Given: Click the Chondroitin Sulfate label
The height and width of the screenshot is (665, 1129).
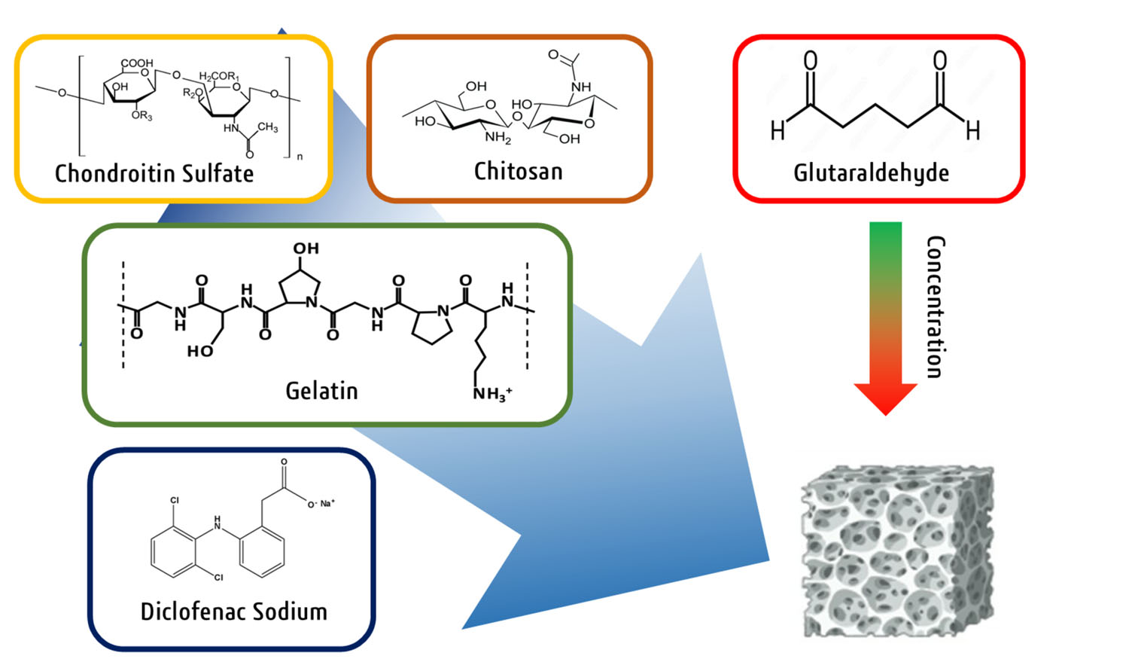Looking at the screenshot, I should [154, 173].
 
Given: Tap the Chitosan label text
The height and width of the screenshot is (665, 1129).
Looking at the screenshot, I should [518, 171].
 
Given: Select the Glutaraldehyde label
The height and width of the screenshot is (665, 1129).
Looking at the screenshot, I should [871, 172].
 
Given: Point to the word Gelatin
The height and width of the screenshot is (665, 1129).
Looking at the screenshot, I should [321, 390].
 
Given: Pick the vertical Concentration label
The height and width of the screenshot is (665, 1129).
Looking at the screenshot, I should [935, 307].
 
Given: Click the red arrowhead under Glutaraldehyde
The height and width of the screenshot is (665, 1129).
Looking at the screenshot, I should [885, 398].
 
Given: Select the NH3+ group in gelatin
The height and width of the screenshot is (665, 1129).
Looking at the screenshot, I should [492, 393].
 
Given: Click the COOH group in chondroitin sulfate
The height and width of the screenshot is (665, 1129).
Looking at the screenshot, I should [136, 63].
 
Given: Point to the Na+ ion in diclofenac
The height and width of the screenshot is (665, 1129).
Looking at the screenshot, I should [327, 503].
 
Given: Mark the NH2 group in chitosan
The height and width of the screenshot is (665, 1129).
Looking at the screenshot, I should [498, 137].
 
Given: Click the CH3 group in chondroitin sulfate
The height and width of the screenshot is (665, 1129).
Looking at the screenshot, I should [267, 127].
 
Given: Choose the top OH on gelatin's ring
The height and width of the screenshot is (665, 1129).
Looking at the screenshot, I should [306, 249].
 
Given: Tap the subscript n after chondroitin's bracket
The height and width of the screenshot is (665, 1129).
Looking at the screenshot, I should [300, 157].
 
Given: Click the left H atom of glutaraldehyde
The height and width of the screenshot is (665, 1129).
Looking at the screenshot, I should [778, 131].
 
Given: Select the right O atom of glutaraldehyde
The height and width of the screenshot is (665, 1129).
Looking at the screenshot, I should [939, 60].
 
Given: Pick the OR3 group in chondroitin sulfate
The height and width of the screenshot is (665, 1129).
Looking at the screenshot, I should [142, 116].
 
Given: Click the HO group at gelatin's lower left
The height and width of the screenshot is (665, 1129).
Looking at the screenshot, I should [200, 351].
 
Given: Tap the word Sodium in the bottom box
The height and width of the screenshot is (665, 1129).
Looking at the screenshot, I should [290, 611].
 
